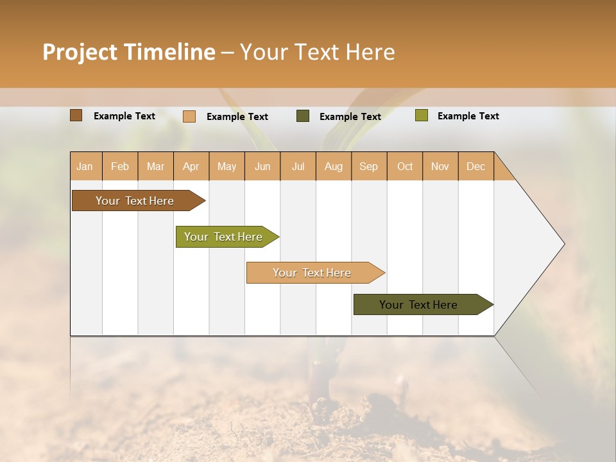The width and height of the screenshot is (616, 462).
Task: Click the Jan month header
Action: coord(85,166)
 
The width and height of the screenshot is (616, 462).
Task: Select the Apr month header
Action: coord(191,166)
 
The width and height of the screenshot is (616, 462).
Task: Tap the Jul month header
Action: coord(298,166)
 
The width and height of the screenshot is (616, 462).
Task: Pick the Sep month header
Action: coord(368,166)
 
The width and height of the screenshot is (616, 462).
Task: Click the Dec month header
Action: coord(475,166)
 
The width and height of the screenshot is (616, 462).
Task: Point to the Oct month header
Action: coord(405,166)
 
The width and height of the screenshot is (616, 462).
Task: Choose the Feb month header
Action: coord(120,166)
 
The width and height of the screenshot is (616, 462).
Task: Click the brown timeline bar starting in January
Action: coord(135,201)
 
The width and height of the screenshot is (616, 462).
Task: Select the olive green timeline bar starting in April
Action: coord(223,237)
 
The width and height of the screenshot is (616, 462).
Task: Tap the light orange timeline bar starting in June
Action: coord(312,273)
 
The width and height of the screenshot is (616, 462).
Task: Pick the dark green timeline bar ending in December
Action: coord(418,305)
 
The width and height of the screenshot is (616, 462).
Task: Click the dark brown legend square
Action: coord(76,116)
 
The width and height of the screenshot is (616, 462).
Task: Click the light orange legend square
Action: coord(189,116)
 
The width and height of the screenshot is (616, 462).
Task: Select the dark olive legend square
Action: coord(303,116)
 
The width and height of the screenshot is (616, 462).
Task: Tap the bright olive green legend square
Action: coord(421,116)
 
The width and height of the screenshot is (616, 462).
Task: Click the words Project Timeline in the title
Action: coord(128,52)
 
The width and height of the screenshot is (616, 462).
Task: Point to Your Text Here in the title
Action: coord(317,52)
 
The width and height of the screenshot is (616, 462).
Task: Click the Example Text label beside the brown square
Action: coord(124,116)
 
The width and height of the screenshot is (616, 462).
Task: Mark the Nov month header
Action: coord(440,166)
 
